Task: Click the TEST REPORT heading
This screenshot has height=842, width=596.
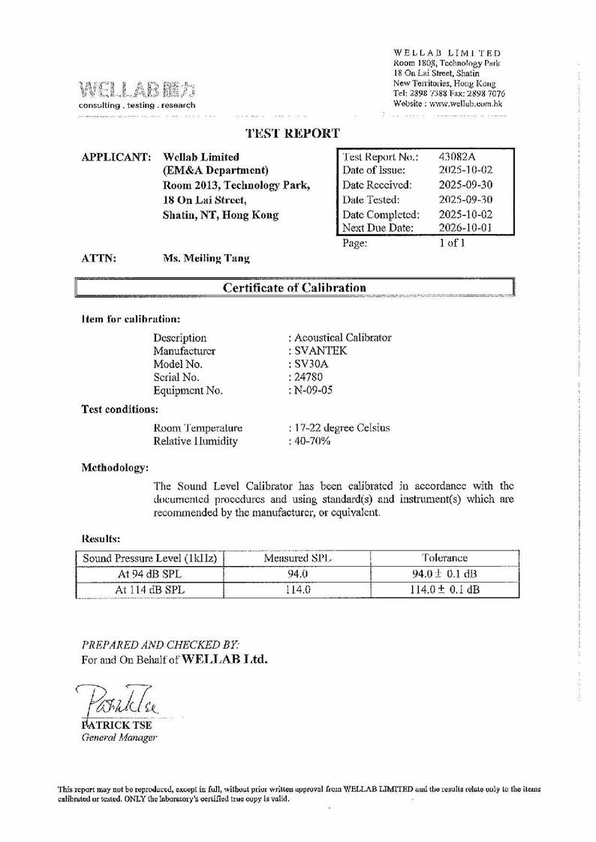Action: [293, 133]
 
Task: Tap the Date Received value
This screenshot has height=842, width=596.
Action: [465, 185]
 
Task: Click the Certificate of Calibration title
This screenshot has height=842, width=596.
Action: [293, 288]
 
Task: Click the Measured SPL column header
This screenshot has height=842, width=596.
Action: [298, 559]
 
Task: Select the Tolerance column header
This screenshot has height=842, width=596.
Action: [444, 559]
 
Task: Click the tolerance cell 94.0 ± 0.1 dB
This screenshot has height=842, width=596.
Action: [445, 574]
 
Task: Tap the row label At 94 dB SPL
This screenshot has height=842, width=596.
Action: [149, 574]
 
